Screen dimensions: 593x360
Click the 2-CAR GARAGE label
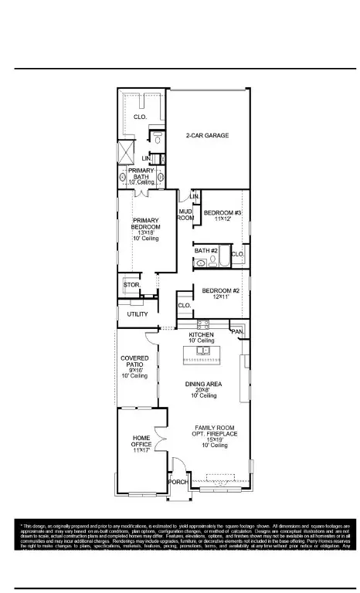[208, 136]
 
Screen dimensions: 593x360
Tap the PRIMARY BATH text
[141, 173]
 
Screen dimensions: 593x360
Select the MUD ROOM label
[185, 215]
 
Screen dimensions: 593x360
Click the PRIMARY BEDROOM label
[144, 224]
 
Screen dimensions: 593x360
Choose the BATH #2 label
[206, 251]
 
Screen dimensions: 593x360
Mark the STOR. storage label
[131, 285]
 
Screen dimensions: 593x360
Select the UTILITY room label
[138, 314]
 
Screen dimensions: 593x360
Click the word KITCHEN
[202, 335]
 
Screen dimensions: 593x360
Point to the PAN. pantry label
[238, 331]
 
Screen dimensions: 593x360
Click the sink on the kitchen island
[203, 351]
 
